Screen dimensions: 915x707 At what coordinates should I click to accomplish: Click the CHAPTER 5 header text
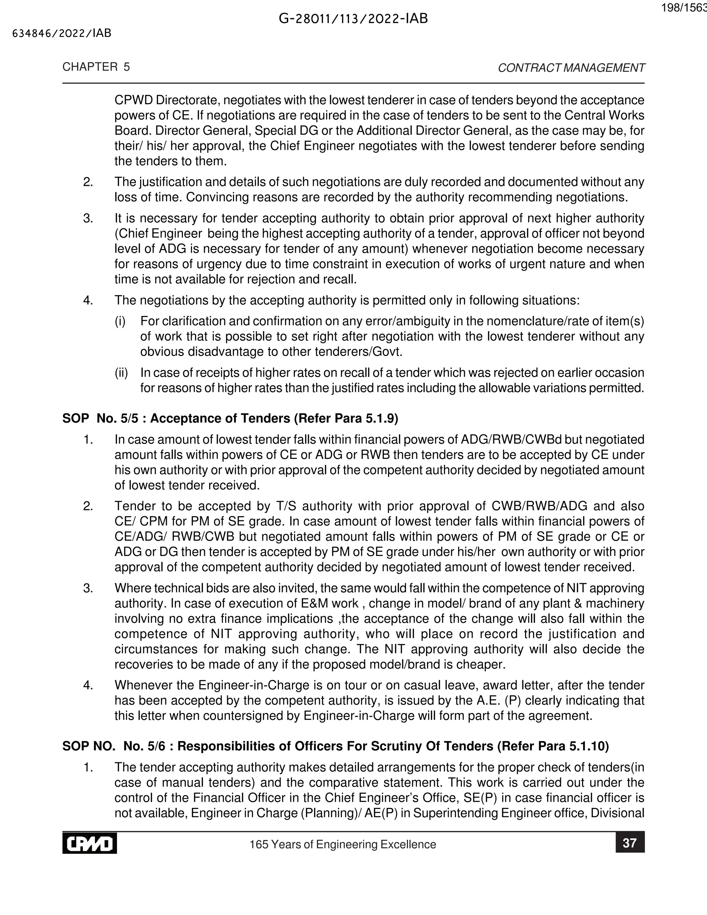(x=96, y=67)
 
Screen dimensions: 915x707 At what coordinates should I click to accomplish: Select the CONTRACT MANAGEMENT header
(x=571, y=68)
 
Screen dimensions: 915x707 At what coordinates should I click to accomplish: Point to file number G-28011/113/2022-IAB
(x=353, y=19)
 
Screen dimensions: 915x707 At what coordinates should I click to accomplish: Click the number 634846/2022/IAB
(x=62, y=33)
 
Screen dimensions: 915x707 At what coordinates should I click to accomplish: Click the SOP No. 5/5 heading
(x=230, y=418)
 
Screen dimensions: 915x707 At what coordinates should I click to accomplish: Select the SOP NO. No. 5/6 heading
(x=335, y=746)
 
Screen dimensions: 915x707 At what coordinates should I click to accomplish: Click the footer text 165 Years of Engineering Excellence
(x=342, y=844)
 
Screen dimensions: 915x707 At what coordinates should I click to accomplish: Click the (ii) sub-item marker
(x=121, y=373)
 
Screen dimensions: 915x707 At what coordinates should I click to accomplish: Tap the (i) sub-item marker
(x=120, y=321)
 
